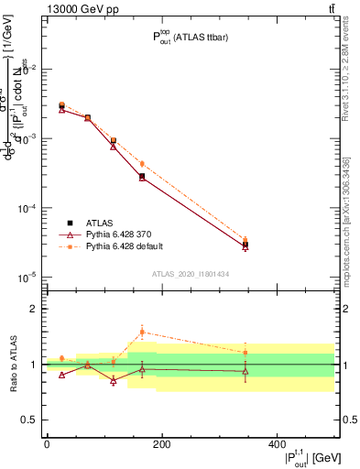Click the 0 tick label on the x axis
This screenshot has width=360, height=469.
pyautogui.click(x=47, y=444)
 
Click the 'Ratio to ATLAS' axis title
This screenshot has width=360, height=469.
pyautogui.click(x=15, y=365)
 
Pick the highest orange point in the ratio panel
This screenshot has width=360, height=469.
pyautogui.click(x=142, y=333)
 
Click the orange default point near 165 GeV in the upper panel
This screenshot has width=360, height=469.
pyautogui.click(x=142, y=164)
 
